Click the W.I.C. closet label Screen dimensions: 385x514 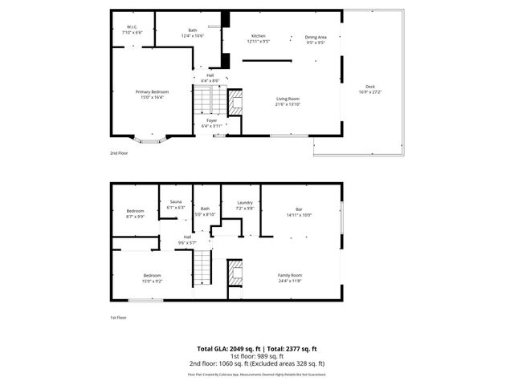[x=132, y=27]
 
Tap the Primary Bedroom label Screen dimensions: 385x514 [x=152, y=92]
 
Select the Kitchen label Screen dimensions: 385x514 [x=258, y=36]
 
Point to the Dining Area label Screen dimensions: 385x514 [x=315, y=36]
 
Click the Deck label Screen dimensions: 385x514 [x=369, y=87]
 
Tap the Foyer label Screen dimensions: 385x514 [x=211, y=120]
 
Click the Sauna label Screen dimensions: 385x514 [x=175, y=201]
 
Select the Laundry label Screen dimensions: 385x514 [x=244, y=202]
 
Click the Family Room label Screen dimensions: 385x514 [x=291, y=275]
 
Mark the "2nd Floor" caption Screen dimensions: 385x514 [x=118, y=152]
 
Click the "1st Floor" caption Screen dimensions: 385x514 [x=118, y=318]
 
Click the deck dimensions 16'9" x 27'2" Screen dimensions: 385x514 [x=369, y=91]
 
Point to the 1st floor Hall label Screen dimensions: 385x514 [x=187, y=237]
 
